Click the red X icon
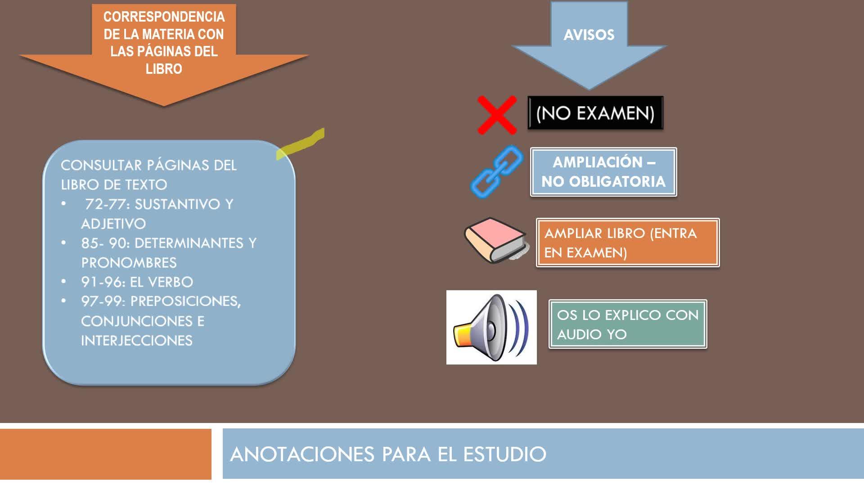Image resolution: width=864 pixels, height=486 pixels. [497, 115]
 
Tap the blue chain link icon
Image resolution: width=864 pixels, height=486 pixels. [497, 171]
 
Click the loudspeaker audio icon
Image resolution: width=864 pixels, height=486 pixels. [491, 327]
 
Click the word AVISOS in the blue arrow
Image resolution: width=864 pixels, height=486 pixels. [589, 35]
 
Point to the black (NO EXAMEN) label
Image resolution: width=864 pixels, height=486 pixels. [595, 113]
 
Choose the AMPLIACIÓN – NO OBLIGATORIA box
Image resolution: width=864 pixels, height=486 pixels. [603, 172]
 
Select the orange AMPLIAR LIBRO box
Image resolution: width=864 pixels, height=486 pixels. [627, 243]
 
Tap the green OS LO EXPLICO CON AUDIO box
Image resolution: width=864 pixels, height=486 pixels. [627, 324]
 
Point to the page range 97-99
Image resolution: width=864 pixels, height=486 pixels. [102, 301]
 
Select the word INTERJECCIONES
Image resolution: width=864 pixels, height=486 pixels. [137, 341]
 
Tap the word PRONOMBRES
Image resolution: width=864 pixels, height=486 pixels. [129, 263]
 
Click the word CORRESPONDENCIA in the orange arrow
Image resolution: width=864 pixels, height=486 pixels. [164, 17]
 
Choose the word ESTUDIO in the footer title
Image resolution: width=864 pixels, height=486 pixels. [504, 454]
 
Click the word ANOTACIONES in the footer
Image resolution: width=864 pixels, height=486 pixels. [302, 454]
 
